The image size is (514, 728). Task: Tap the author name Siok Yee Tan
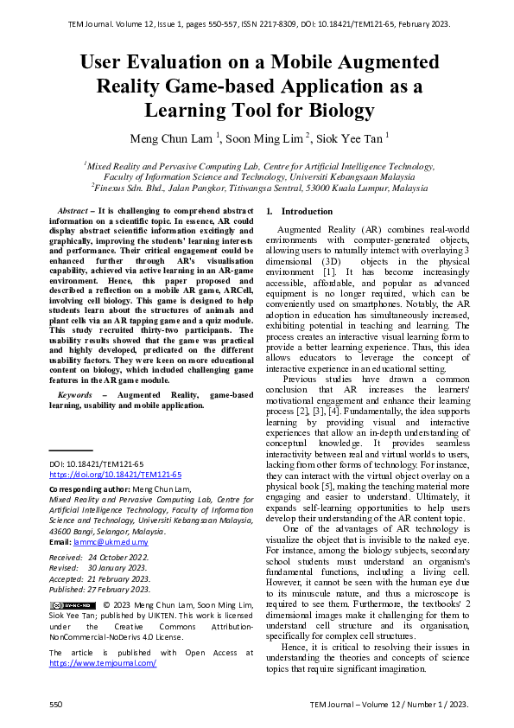352,137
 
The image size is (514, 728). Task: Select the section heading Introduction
308,212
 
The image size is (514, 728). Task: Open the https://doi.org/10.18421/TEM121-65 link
115,475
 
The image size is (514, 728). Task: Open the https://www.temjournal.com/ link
103,662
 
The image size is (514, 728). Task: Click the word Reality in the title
130,86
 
